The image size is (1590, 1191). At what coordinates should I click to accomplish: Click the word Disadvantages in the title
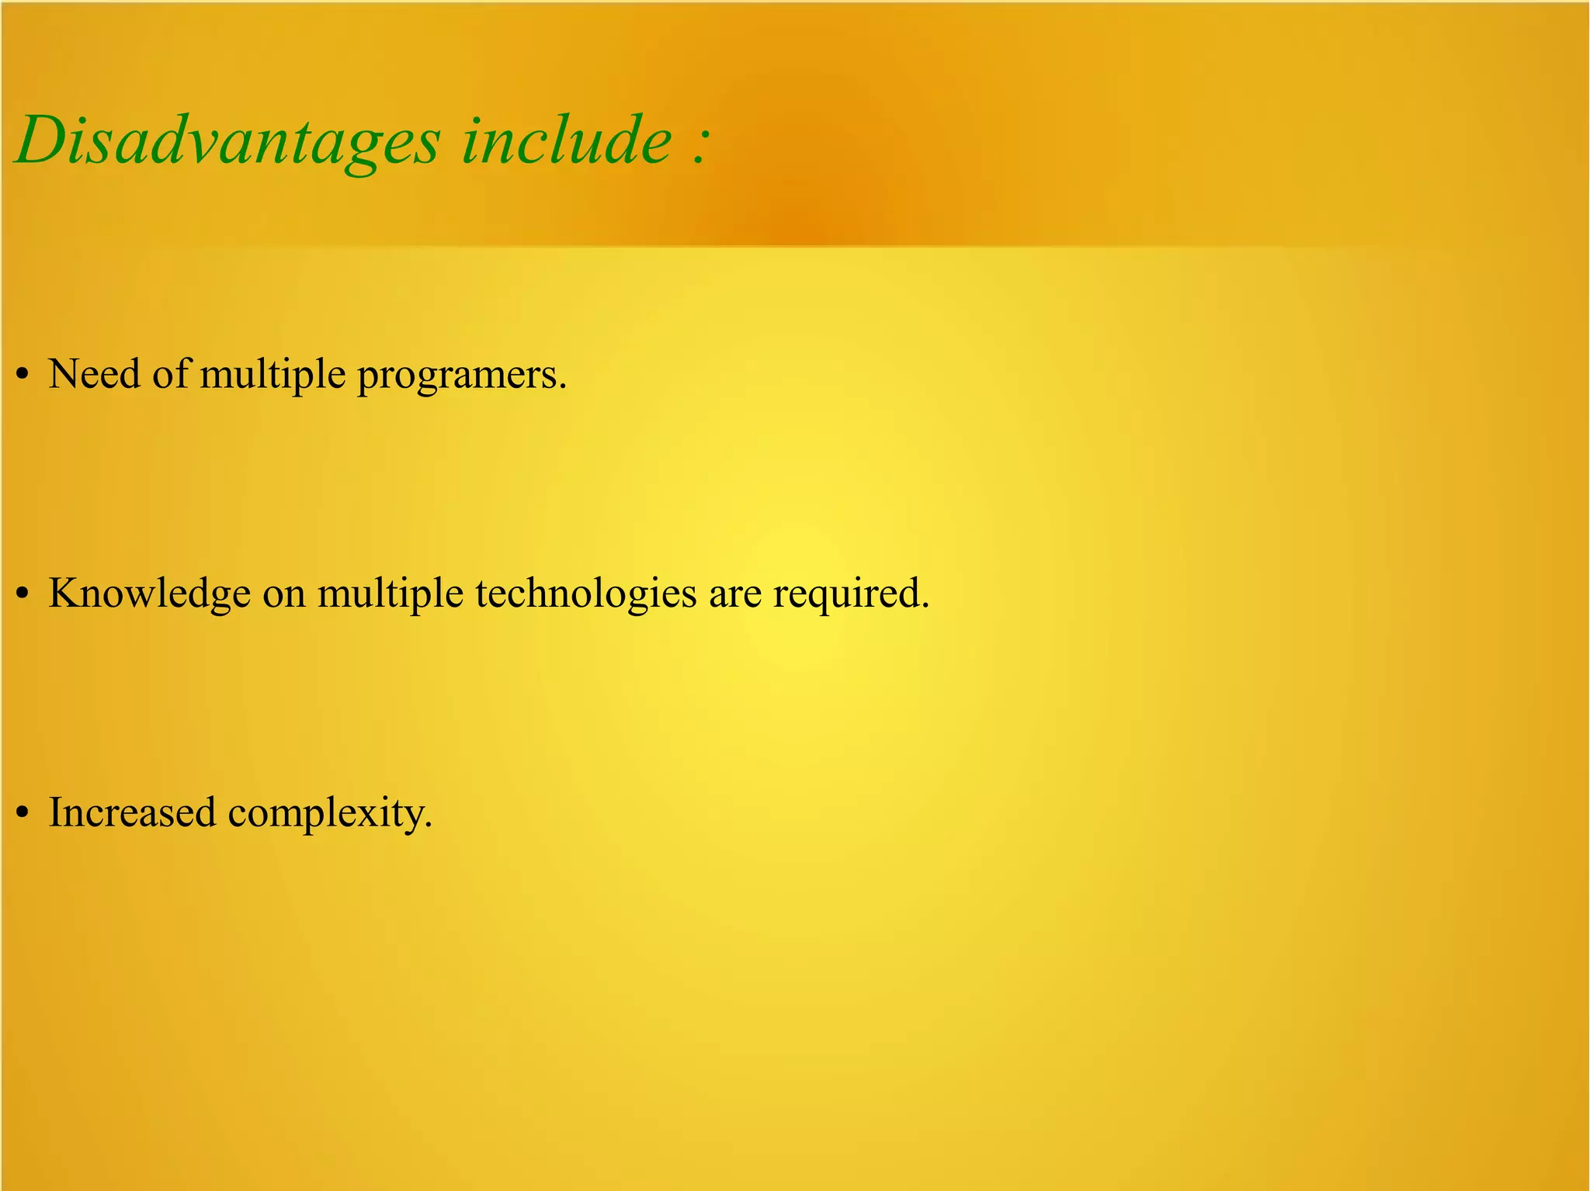(228, 141)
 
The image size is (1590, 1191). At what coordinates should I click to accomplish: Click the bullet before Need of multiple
(23, 376)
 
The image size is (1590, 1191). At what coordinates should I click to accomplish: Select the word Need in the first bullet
(95, 374)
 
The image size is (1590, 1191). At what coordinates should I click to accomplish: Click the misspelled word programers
(461, 376)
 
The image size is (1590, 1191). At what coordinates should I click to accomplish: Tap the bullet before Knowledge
(23, 595)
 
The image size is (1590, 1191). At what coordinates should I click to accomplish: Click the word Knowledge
(149, 594)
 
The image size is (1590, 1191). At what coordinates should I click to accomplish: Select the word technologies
(586, 594)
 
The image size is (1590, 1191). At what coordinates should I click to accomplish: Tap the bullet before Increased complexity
(23, 815)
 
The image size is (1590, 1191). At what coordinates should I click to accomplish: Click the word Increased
(132, 813)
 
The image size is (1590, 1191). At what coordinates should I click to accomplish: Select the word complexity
(327, 815)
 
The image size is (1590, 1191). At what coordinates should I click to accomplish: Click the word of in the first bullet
(170, 374)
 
